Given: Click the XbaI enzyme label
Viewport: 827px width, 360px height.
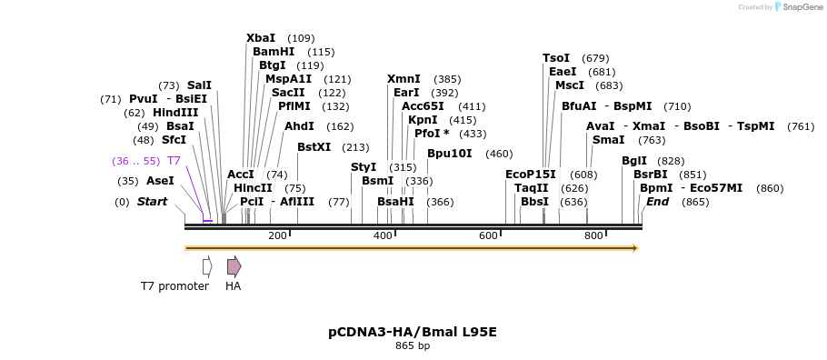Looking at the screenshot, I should [261, 38].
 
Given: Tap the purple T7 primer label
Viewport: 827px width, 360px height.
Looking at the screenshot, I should [174, 161].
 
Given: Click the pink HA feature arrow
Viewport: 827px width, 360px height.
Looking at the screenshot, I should [234, 266].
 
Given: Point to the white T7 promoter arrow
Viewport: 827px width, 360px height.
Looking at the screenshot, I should [207, 266].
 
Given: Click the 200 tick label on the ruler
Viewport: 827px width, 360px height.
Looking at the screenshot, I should [277, 235].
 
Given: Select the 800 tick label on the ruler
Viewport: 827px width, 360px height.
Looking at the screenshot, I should [593, 235].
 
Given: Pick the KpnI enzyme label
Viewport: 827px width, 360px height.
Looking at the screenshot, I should [423, 120].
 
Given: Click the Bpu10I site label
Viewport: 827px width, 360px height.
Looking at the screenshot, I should [450, 154].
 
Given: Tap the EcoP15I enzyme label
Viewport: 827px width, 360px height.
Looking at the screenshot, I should [531, 175].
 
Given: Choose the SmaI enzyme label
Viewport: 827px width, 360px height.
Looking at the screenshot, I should [608, 140].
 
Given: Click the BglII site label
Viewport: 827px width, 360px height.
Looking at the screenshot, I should [634, 161].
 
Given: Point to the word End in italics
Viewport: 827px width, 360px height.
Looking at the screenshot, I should [658, 202].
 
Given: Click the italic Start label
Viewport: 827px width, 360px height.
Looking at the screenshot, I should [152, 202].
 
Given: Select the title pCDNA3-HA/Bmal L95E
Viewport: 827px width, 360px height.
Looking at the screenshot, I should [413, 332].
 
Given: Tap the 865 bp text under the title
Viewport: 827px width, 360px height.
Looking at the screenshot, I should [413, 346].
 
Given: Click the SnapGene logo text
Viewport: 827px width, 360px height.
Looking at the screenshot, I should [802, 7].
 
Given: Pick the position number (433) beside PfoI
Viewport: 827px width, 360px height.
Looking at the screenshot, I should [473, 134].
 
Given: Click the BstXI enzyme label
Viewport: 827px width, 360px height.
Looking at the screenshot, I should [314, 147].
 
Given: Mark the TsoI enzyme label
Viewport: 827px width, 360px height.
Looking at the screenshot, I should [556, 58].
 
